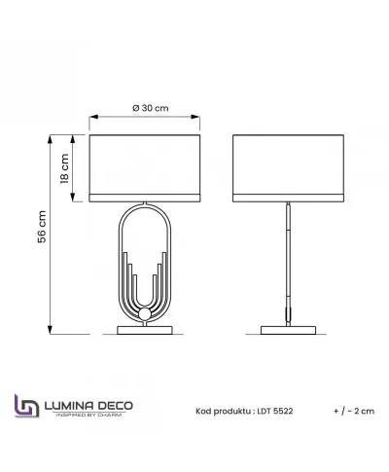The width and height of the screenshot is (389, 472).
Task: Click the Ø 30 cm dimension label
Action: pyautogui.click(x=151, y=108)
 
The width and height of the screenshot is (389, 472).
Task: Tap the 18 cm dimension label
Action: pyautogui.click(x=64, y=168)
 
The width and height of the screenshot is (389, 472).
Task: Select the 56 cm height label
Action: pyautogui.click(x=42, y=227)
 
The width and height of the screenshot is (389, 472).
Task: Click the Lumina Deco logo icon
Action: pyautogui.click(x=27, y=406)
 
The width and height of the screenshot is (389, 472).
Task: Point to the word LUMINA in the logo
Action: pyautogui.click(x=69, y=406)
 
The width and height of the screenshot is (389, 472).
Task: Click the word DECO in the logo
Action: pyautogui.click(x=116, y=406)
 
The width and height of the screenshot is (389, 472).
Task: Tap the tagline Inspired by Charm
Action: pyautogui.click(x=89, y=415)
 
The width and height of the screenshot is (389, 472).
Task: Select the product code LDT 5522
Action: pyautogui.click(x=275, y=411)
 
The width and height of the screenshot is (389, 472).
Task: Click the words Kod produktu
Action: pyautogui.click(x=223, y=412)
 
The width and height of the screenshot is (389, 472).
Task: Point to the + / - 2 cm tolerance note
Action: pyautogui.click(x=354, y=411)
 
